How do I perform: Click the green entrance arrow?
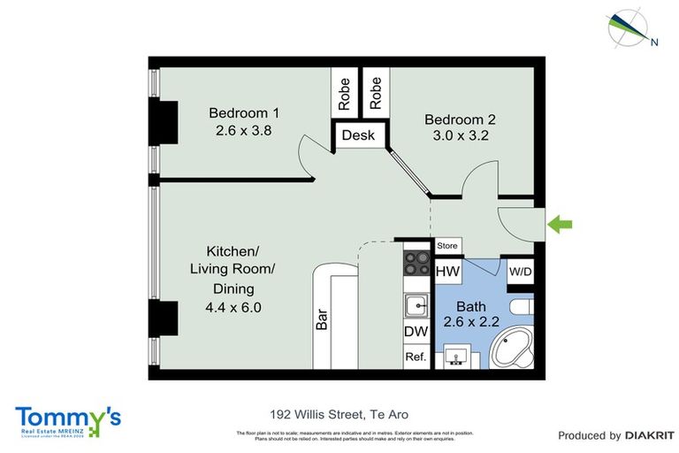click(560, 225)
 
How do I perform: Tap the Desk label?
click(358, 136)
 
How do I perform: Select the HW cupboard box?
click(447, 272)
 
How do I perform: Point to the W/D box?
click(520, 272)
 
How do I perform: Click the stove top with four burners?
click(416, 263)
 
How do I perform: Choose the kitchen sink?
click(416, 306)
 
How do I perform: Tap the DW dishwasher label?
click(416, 332)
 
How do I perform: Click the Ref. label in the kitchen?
click(416, 357)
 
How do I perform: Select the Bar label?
click(322, 319)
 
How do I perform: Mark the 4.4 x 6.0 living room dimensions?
click(233, 308)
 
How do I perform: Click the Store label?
click(448, 245)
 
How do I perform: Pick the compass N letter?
click(654, 41)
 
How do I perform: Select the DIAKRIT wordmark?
click(650, 435)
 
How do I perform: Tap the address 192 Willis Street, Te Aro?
click(339, 414)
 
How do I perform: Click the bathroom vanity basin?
click(458, 356)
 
